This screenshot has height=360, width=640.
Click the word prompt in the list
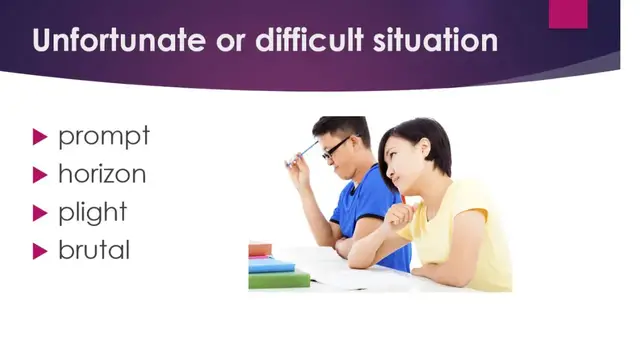[103, 135]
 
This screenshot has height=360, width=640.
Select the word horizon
[102, 173]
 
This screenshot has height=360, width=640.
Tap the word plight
[93, 212]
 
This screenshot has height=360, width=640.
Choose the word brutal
[94, 249]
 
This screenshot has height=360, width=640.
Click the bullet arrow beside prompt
[41, 136]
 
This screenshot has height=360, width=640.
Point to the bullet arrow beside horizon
[41, 174]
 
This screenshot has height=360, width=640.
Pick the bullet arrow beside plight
[41, 212]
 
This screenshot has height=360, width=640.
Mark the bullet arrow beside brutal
[41, 250]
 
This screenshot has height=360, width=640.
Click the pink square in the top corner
[568, 12]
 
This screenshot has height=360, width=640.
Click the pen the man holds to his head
[302, 153]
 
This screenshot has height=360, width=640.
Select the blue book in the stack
[271, 265]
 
